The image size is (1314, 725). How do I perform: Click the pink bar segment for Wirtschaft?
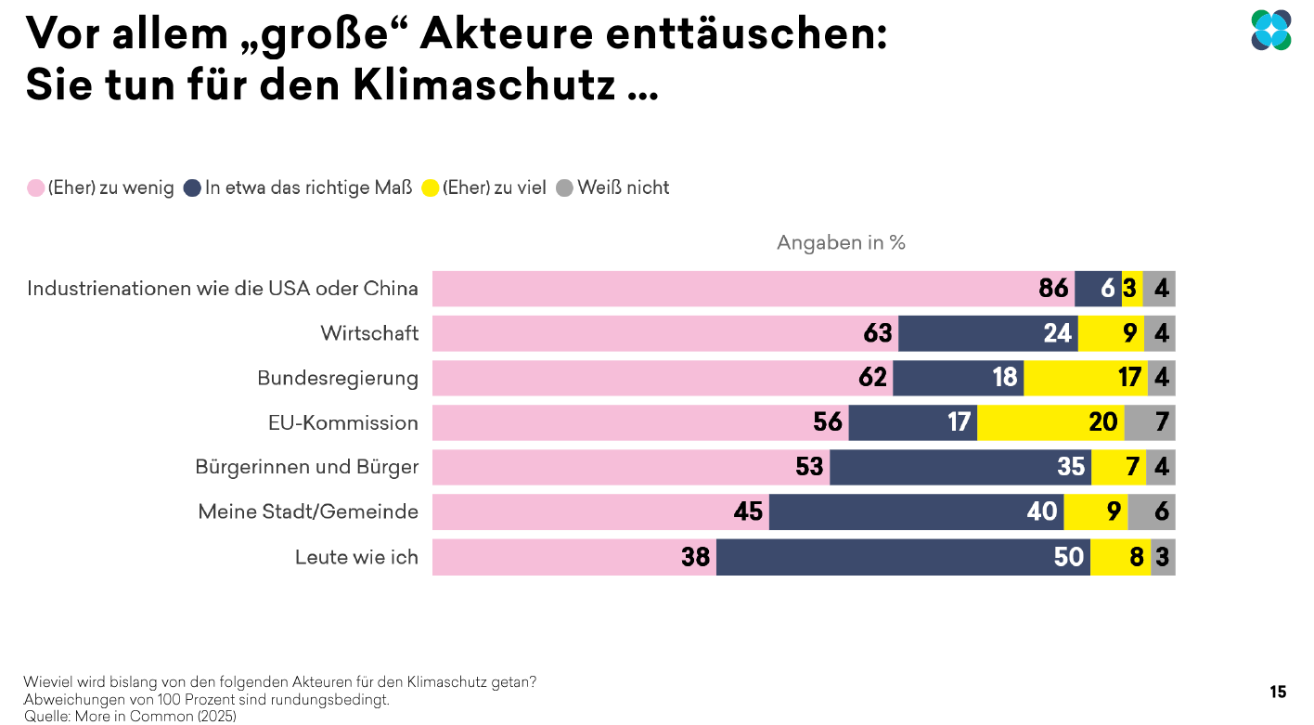(664, 333)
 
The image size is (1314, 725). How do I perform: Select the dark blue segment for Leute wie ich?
(902, 557)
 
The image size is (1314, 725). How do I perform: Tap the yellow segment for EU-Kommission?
(1050, 422)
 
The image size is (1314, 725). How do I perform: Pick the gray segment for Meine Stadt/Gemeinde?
(1152, 511)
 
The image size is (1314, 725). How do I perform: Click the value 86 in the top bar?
(1053, 289)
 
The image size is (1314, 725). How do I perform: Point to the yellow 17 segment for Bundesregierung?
(1085, 378)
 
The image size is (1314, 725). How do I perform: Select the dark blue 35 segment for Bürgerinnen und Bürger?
(960, 467)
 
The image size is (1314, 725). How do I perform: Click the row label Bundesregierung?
(337, 379)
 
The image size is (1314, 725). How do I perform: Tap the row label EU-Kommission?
(342, 423)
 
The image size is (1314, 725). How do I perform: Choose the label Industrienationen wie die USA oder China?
(223, 289)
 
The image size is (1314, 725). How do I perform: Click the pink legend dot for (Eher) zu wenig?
(35, 188)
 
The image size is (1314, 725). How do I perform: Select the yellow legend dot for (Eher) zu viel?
(430, 188)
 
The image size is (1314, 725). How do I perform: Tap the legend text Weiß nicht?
(623, 188)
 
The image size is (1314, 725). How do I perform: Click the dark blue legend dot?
(192, 188)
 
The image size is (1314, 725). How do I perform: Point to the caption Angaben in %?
(841, 243)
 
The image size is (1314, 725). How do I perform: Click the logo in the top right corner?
(1270, 30)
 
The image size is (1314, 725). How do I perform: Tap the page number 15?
(1278, 692)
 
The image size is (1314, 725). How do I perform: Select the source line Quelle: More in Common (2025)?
(130, 716)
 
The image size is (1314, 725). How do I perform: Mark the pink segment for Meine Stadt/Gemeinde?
(600, 511)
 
